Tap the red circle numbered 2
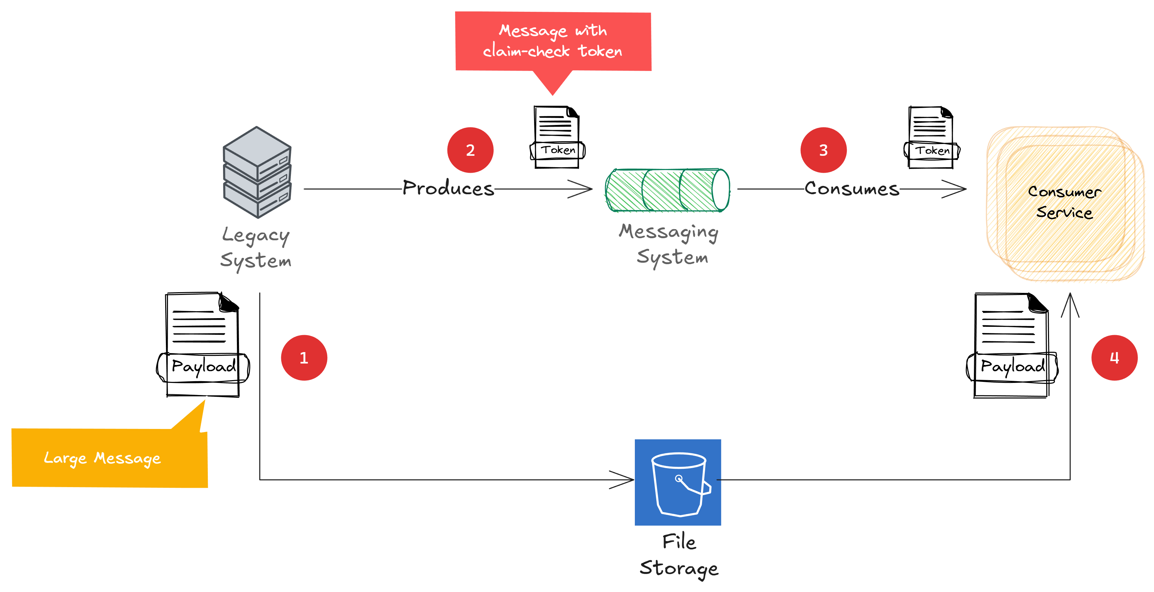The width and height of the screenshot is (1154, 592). (470, 150)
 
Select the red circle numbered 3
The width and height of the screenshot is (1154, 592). (823, 150)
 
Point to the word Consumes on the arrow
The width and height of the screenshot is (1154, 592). (852, 189)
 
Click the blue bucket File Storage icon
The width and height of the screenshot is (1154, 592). (677, 482)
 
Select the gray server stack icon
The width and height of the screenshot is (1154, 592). (257, 172)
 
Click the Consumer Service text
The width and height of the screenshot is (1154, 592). (1064, 201)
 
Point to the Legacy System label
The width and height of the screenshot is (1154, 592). (256, 248)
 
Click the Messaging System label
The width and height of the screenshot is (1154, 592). (669, 244)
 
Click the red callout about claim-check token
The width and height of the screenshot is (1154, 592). (553, 41)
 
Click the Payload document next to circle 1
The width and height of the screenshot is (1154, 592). (203, 345)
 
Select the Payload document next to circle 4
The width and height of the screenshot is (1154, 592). (1012, 345)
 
